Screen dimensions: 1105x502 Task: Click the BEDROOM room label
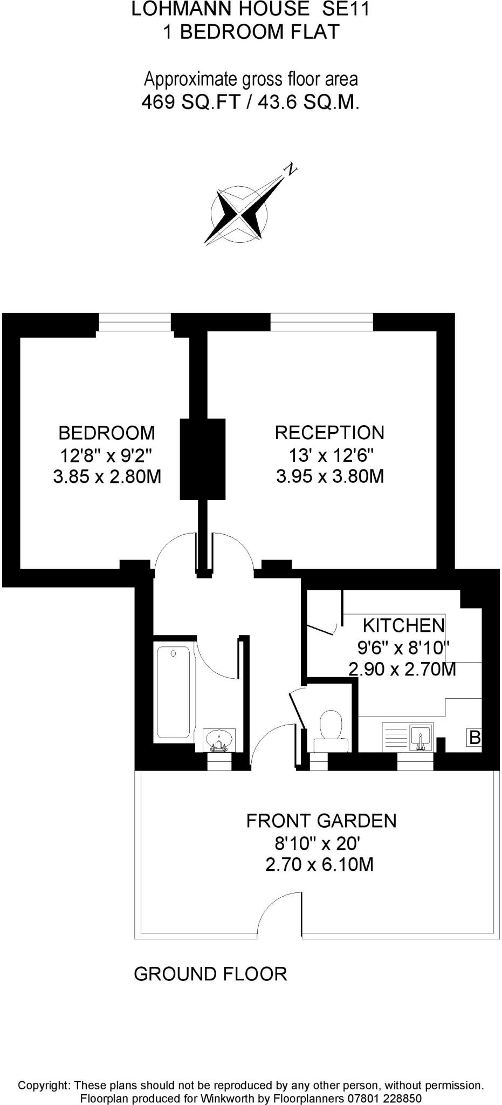106,433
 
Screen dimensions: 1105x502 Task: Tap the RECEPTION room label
329,433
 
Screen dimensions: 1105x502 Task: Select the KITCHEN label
403,625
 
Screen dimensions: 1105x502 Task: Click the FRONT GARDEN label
321,821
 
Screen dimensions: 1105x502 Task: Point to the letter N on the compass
291,169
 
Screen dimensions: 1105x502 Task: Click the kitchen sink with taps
420,737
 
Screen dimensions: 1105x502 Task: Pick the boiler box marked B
474,737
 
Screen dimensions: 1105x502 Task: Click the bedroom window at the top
135,323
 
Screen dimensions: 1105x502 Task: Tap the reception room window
321,323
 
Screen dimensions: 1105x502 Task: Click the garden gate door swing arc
277,912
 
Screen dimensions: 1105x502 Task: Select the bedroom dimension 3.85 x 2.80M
107,477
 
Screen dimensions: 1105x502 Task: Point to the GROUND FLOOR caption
210,974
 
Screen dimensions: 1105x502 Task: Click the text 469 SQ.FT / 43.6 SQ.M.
250,102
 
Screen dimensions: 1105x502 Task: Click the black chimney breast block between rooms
202,459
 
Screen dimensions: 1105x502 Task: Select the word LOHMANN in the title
170,9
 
